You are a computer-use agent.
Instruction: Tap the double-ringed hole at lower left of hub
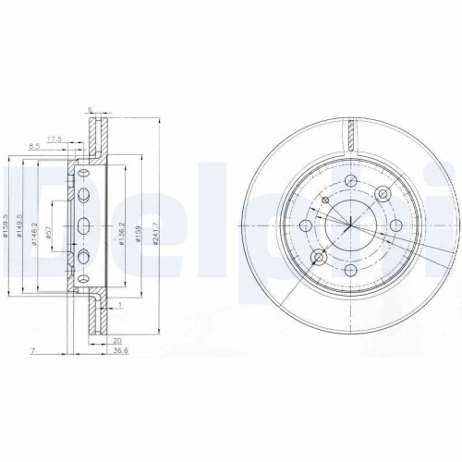tap(320, 256)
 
